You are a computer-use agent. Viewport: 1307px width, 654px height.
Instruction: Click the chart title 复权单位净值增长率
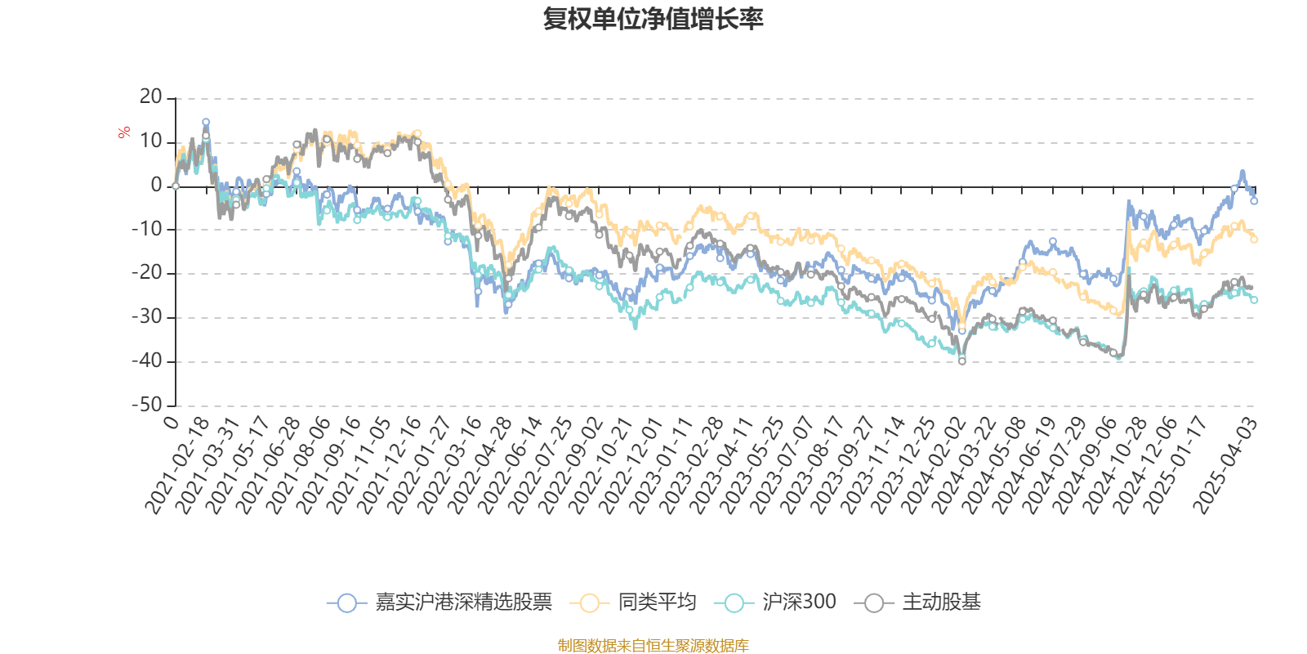[653, 19]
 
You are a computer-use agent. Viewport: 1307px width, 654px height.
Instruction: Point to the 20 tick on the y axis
[151, 97]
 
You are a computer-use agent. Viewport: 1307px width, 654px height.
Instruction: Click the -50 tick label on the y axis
[147, 405]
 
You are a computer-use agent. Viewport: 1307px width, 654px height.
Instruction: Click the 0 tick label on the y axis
[157, 186]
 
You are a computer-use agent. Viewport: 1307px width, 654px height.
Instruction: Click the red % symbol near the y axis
[124, 132]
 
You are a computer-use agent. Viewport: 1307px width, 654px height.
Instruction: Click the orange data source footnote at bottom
[653, 646]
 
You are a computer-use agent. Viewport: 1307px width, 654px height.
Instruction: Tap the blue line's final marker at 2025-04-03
[1254, 200]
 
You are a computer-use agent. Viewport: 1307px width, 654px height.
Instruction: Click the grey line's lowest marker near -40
[962, 361]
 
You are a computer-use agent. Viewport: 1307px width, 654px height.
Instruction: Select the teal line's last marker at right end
[1255, 300]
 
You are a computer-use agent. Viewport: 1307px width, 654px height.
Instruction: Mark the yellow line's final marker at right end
[1254, 240]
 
